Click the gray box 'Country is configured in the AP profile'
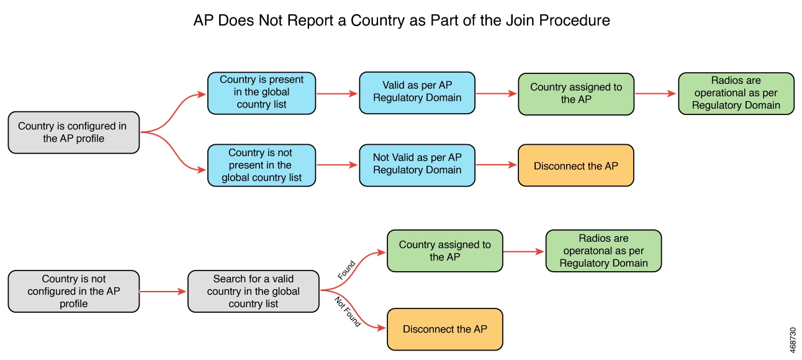(x=73, y=132)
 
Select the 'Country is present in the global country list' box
(x=261, y=93)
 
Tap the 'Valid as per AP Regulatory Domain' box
(x=417, y=93)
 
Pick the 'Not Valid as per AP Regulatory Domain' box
(x=417, y=165)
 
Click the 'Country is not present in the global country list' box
(x=261, y=165)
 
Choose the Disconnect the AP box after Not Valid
(x=575, y=165)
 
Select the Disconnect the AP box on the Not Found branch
(x=444, y=329)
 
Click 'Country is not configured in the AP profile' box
(x=73, y=291)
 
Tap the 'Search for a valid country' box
(x=253, y=291)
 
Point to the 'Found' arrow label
(x=346, y=270)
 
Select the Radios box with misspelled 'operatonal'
(x=603, y=251)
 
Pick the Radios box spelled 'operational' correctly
(x=736, y=93)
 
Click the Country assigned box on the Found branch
(x=444, y=251)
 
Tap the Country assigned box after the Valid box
(x=575, y=93)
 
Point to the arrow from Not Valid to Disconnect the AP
(x=496, y=165)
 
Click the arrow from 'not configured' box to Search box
(x=163, y=291)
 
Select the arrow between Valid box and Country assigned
(x=496, y=93)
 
